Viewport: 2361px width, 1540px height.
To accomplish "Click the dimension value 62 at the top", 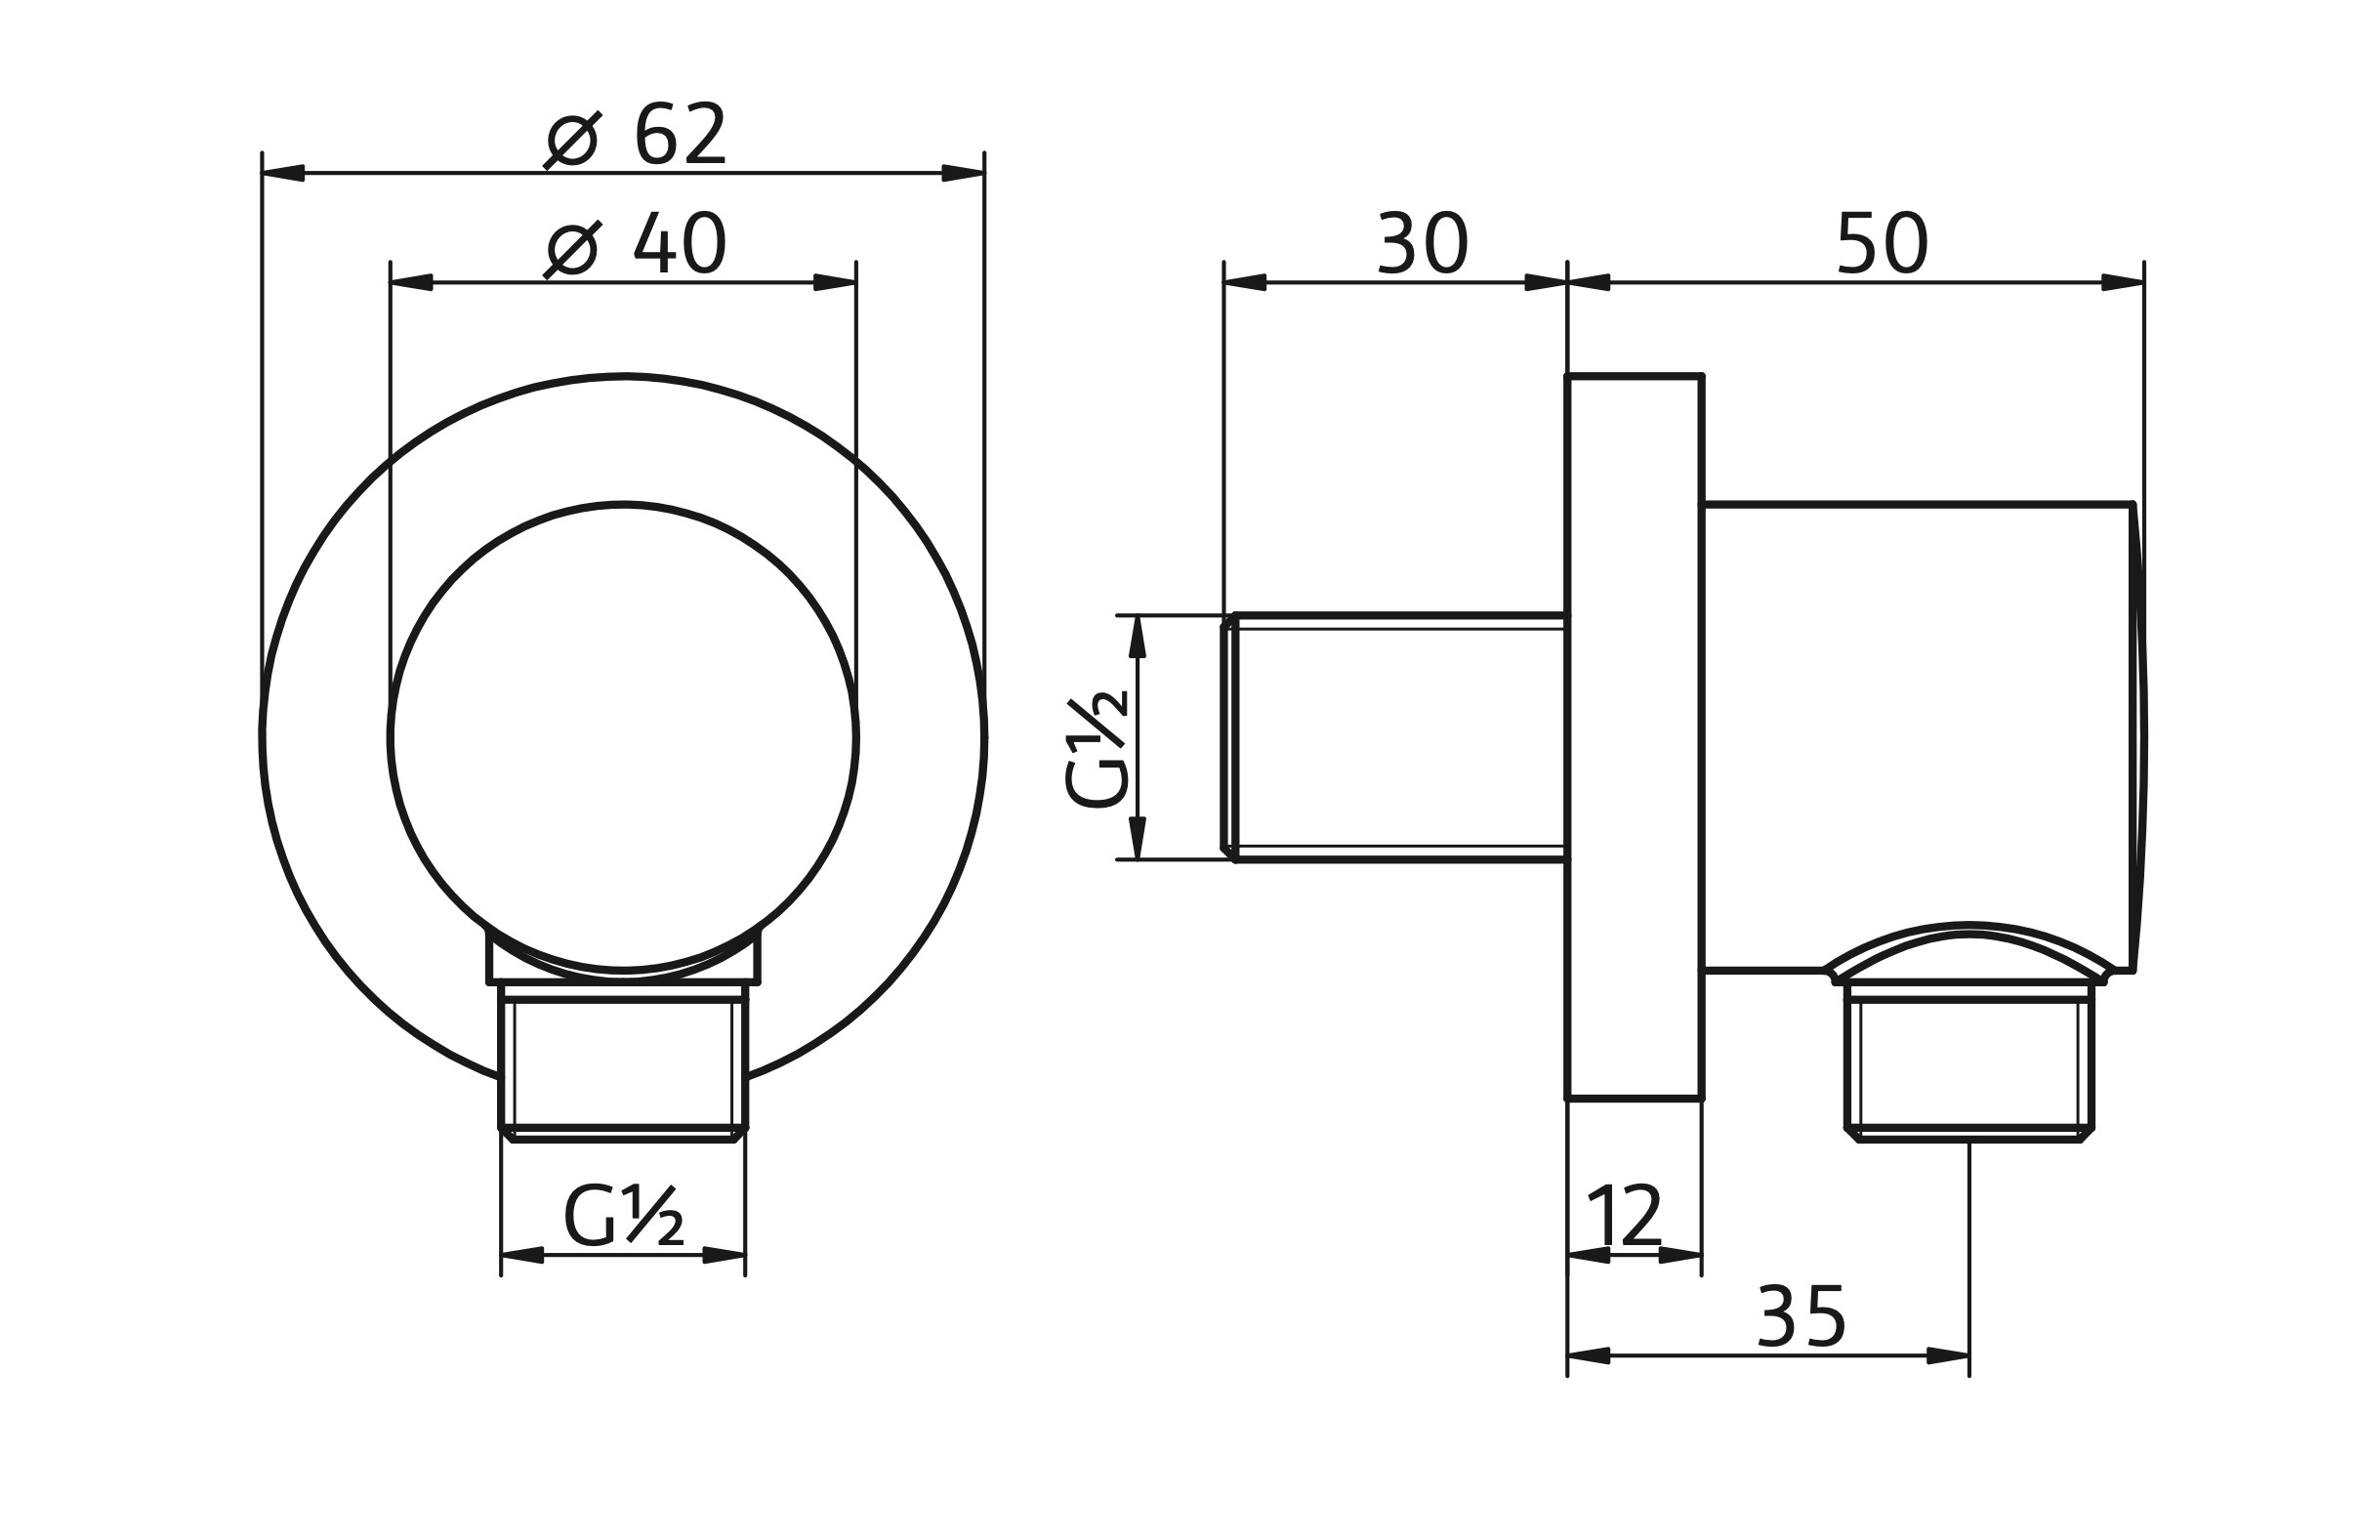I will click(x=681, y=135).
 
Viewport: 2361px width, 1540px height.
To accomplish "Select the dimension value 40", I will click(x=681, y=244).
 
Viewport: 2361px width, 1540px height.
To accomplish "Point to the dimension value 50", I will click(x=1881, y=244).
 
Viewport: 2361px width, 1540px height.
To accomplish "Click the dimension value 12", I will click(x=1624, y=1216).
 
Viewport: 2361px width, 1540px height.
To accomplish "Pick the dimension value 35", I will click(x=1801, y=1318).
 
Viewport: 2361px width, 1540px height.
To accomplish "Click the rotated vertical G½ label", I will click(x=1097, y=749).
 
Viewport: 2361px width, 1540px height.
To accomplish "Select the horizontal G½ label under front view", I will click(x=623, y=1216).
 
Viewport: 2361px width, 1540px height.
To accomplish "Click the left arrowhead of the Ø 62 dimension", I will click(x=283, y=173).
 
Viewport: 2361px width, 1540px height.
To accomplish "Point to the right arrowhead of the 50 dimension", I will click(x=2122, y=283).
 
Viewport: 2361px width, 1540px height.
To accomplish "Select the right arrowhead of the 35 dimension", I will click(x=1947, y=1355).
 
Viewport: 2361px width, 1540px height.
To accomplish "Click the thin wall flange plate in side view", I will click(x=1634, y=737).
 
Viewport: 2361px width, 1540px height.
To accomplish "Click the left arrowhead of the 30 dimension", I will click(x=1246, y=283).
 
